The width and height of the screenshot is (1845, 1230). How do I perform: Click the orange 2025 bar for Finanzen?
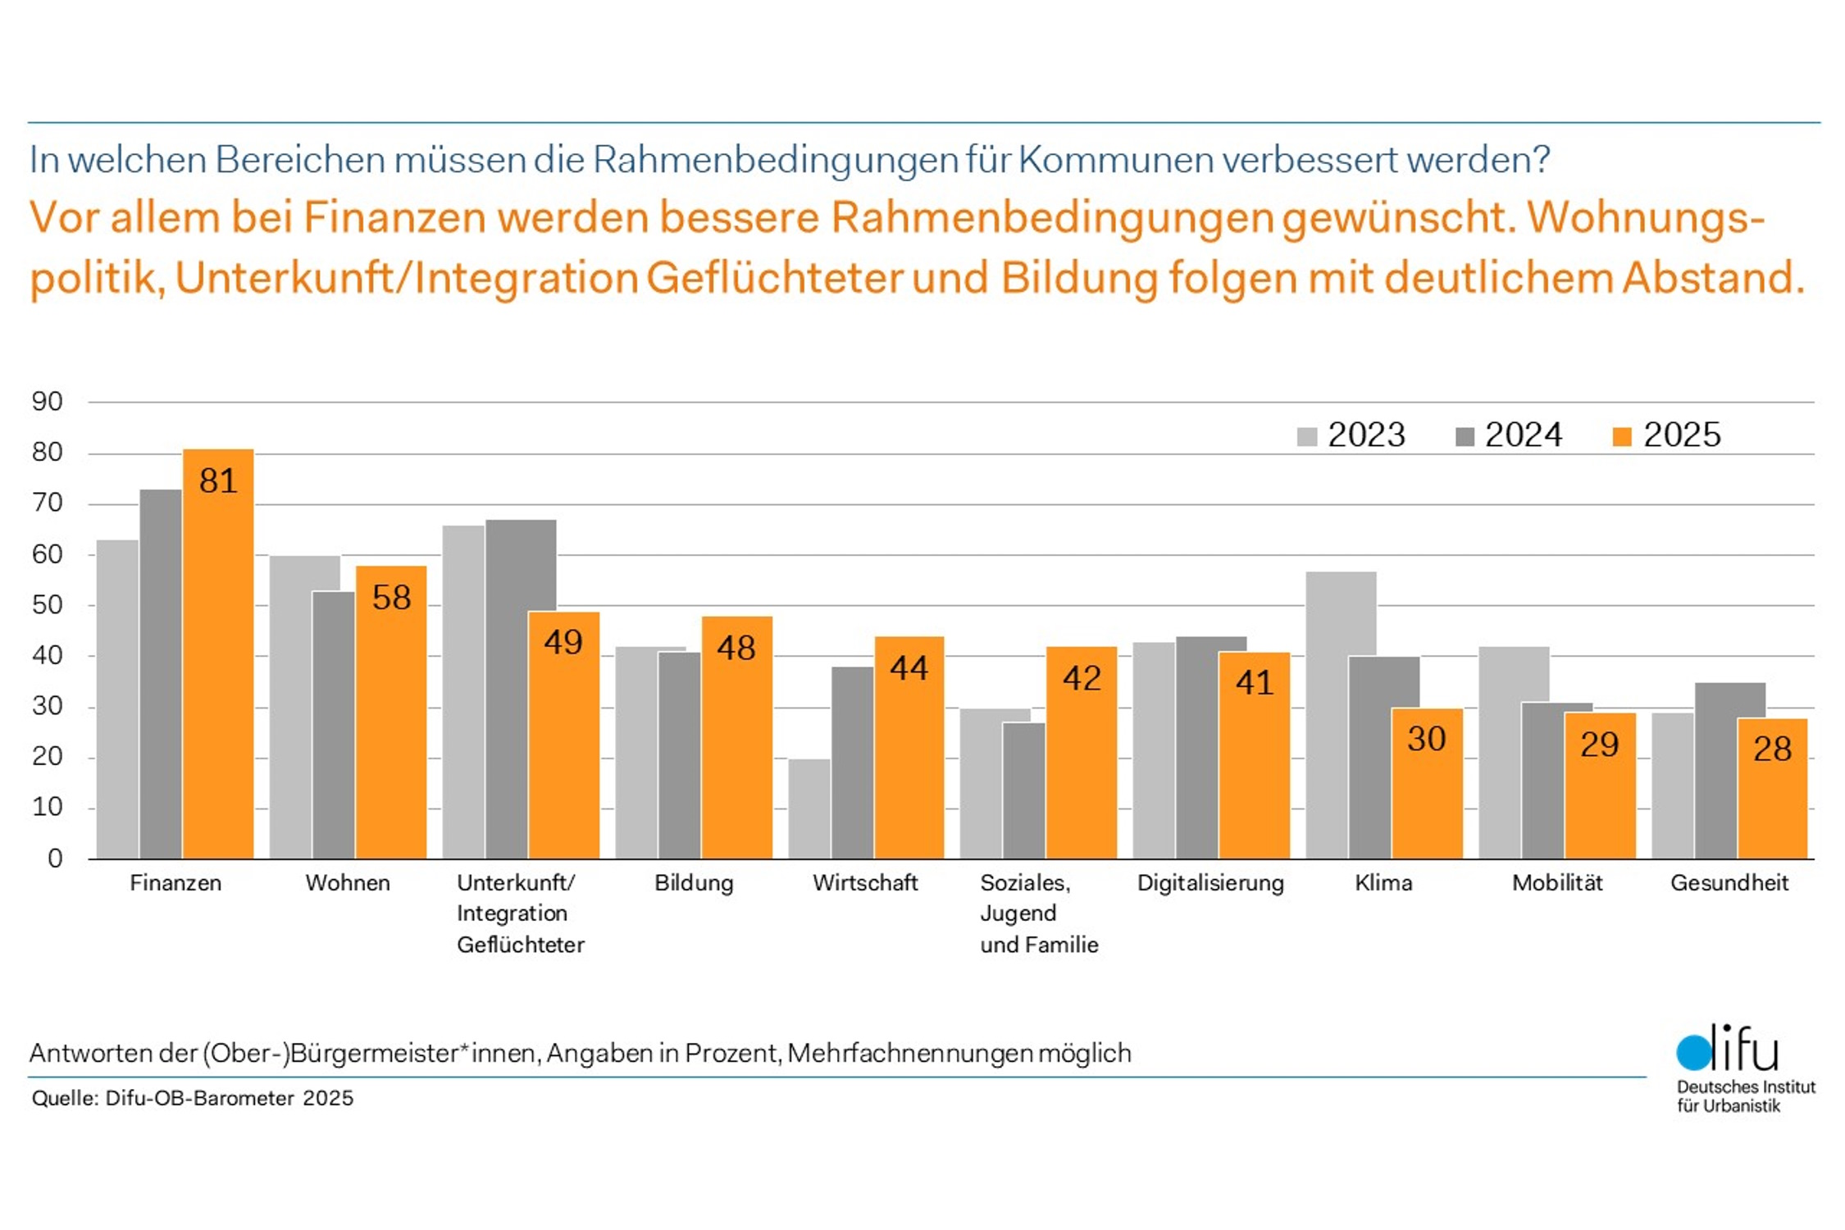click(x=218, y=656)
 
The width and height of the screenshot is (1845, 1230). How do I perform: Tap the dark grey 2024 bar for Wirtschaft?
click(x=853, y=763)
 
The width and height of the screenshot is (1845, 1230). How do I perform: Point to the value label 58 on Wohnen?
click(x=391, y=598)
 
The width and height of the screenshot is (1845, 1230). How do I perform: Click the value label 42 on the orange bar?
click(x=1082, y=678)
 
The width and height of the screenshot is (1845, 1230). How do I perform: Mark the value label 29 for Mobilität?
click(x=1599, y=745)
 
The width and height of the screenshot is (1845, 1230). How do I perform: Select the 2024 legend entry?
click(x=1509, y=435)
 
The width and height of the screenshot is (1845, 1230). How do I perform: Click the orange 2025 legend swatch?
click(x=1622, y=436)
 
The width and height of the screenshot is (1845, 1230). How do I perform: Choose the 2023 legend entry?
click(x=1351, y=435)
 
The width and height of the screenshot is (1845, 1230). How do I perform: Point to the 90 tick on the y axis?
click(x=48, y=402)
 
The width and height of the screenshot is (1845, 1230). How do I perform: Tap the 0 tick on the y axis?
click(x=55, y=859)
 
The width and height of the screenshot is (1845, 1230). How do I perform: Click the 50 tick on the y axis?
click(x=48, y=605)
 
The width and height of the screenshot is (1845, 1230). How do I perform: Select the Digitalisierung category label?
click(x=1210, y=883)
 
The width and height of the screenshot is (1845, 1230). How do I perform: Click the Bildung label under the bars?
click(x=694, y=883)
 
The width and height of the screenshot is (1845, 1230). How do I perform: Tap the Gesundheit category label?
click(x=1729, y=883)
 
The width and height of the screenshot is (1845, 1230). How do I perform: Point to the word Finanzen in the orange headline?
click(x=394, y=218)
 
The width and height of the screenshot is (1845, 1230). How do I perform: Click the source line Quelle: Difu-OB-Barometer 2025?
click(x=193, y=1099)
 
